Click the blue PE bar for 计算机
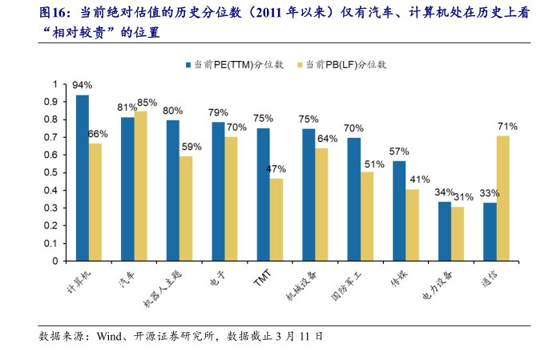coord(83,178)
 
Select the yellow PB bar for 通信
coord(503,198)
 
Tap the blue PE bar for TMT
coord(263,195)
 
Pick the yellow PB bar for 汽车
coord(140,186)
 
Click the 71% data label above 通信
coord(507,126)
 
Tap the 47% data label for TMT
coord(276,168)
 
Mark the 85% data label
coord(147,103)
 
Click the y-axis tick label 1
coord(55,84)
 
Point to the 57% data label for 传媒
coord(399,151)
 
